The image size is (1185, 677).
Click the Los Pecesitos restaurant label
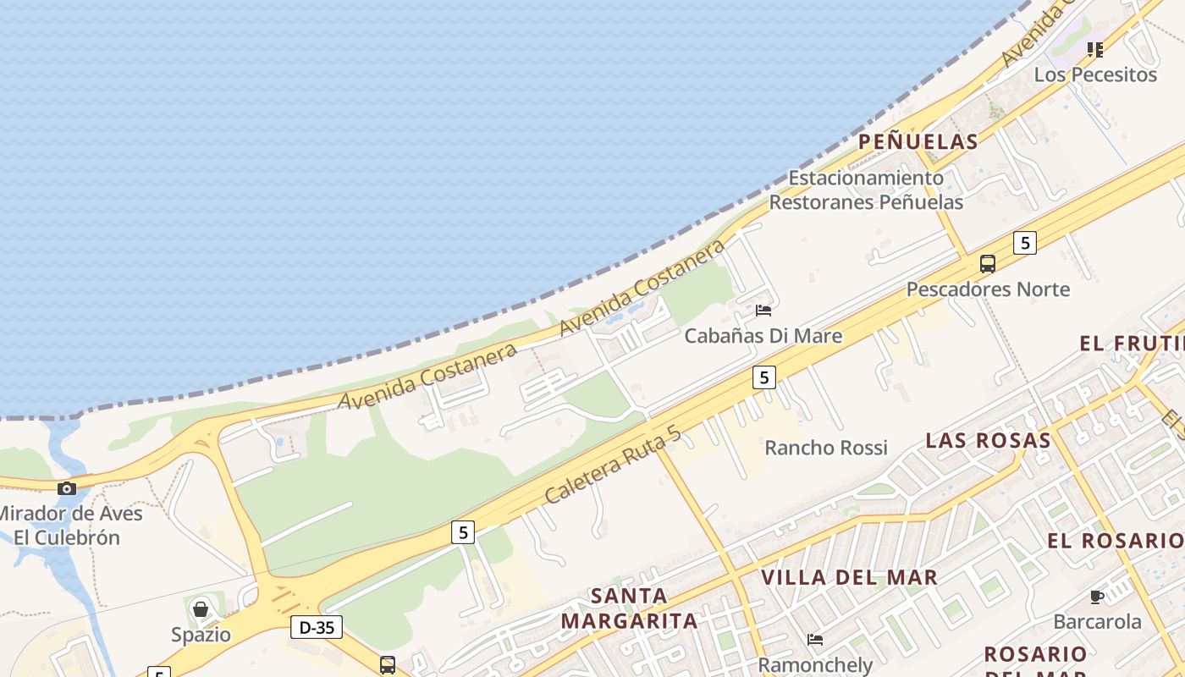(x=1095, y=74)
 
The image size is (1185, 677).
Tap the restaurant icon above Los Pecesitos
(x=1095, y=50)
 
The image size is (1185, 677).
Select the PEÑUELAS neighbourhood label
(x=918, y=141)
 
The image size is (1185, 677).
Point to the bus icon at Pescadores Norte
(x=988, y=263)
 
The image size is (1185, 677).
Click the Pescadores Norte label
(x=988, y=289)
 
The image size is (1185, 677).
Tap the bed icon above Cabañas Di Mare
(x=763, y=311)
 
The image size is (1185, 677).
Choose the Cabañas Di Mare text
(x=763, y=336)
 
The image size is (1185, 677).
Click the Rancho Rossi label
(x=825, y=448)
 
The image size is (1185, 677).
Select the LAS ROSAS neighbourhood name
(x=988, y=440)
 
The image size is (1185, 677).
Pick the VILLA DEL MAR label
(x=849, y=577)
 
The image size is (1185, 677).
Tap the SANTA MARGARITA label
(x=629, y=608)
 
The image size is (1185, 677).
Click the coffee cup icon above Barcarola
(x=1097, y=597)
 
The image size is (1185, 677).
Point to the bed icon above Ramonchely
(x=815, y=640)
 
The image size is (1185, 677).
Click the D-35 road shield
(x=317, y=627)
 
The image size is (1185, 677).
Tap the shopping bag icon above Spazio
(x=201, y=609)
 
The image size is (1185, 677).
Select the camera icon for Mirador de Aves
(x=67, y=488)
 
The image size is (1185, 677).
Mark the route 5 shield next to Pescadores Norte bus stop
(x=1024, y=243)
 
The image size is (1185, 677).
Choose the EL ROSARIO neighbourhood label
(x=1114, y=541)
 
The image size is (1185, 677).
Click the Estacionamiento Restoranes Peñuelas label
(x=866, y=190)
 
